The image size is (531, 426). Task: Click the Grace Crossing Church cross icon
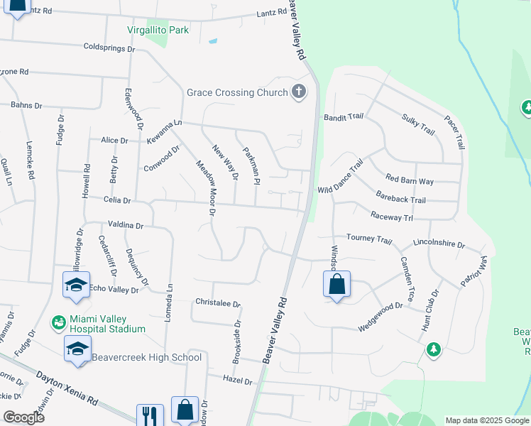click(x=299, y=92)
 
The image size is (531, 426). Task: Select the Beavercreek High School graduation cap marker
click(x=77, y=348)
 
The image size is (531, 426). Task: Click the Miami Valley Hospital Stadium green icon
click(x=58, y=323)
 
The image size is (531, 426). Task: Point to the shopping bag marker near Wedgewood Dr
click(x=336, y=285)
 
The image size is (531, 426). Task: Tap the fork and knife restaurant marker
click(x=150, y=415)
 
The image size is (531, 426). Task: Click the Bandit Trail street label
click(x=344, y=117)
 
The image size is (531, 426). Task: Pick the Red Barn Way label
click(x=409, y=181)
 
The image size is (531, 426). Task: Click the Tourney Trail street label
click(x=368, y=239)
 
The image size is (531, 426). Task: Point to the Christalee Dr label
click(x=218, y=302)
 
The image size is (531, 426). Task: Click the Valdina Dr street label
click(x=125, y=225)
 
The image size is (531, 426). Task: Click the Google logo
click(x=24, y=417)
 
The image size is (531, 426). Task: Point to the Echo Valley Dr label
click(x=114, y=288)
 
